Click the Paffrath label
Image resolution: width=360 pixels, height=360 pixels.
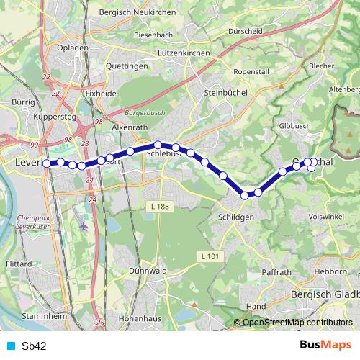[277, 273]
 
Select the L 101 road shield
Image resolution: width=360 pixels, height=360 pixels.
[209, 256]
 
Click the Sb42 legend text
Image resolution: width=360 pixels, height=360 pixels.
[35, 346]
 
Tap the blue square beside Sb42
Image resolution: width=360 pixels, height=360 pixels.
[10, 346]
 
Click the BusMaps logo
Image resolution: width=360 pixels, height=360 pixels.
[325, 345]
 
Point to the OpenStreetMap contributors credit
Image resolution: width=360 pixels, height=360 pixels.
[297, 323]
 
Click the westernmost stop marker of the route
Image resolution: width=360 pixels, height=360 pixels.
[48, 163]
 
